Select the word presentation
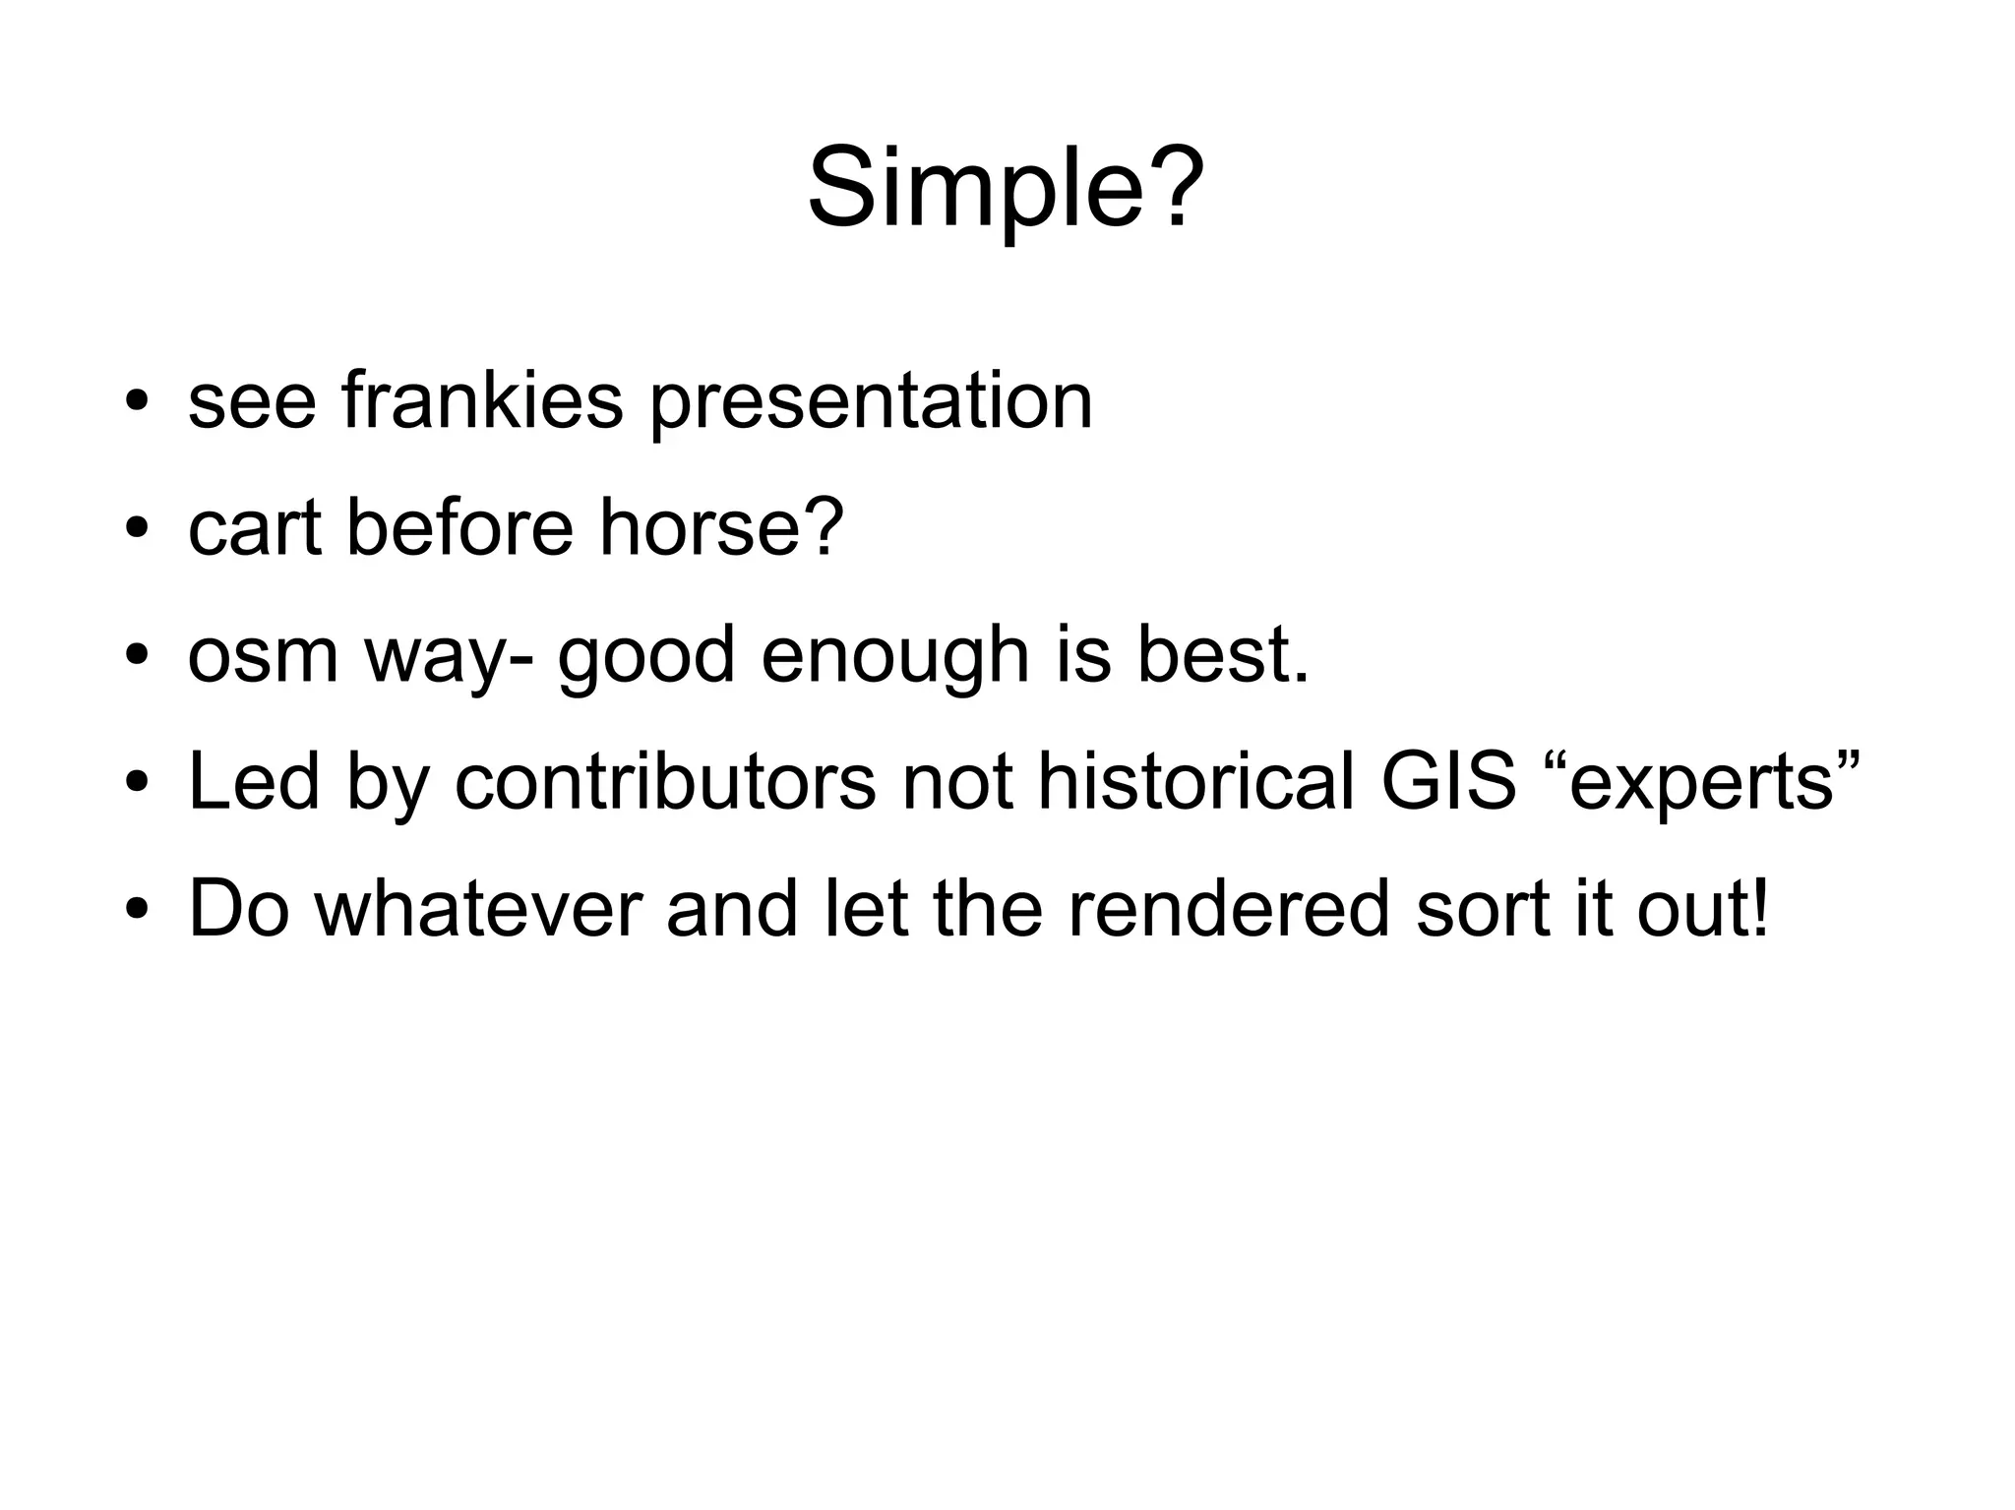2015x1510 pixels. coord(871,402)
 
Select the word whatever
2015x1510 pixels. coord(478,907)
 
